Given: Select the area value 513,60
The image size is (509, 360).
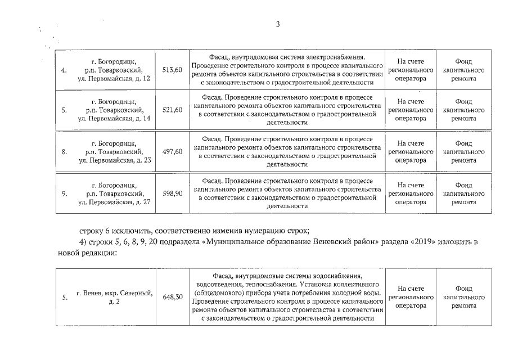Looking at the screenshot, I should tap(172, 70).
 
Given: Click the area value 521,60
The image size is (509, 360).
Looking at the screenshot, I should tap(172, 110).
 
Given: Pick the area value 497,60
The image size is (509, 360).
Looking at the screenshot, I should tap(172, 152).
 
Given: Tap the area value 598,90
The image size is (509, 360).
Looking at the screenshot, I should tap(172, 193).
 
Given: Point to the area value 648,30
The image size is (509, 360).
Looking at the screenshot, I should tap(172, 296).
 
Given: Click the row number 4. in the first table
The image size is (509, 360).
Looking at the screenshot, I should tap(64, 70).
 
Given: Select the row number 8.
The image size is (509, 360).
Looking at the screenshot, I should tap(64, 152).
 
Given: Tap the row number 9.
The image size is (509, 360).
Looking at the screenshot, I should tap(64, 193).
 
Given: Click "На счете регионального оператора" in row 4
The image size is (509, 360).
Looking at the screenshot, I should tap(410, 70).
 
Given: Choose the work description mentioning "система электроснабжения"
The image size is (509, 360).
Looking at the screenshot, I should tap(287, 70).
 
